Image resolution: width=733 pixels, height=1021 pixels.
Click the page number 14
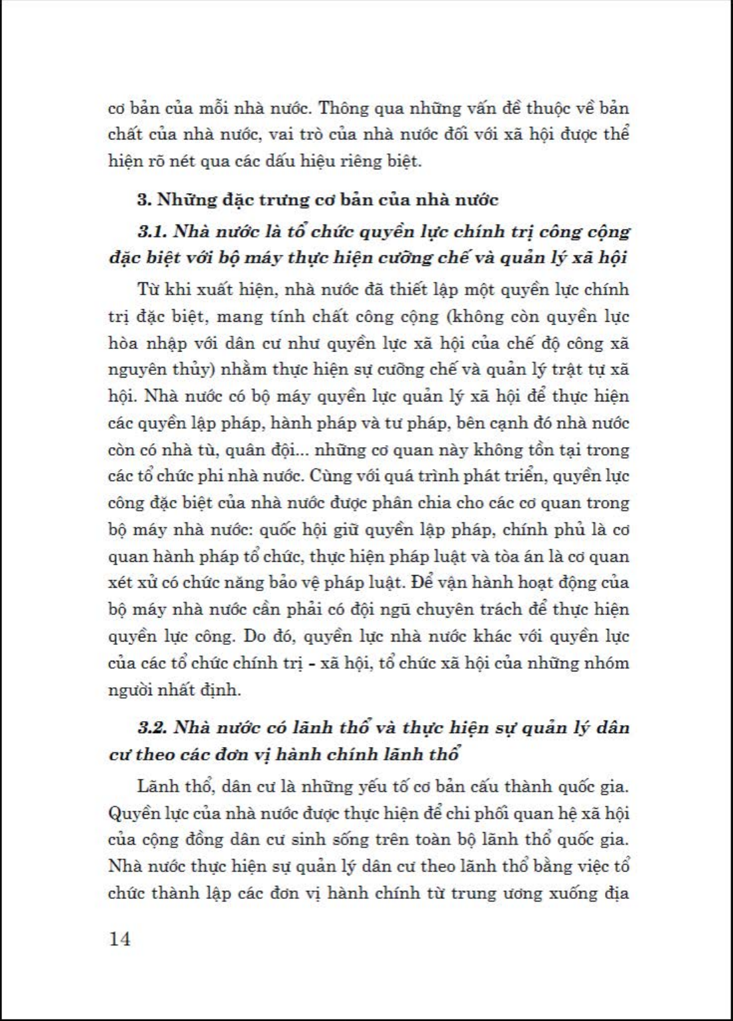119,939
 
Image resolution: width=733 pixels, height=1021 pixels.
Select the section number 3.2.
152,727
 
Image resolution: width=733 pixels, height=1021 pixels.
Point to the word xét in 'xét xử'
121,583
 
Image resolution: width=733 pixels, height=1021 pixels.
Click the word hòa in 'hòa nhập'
123,343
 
